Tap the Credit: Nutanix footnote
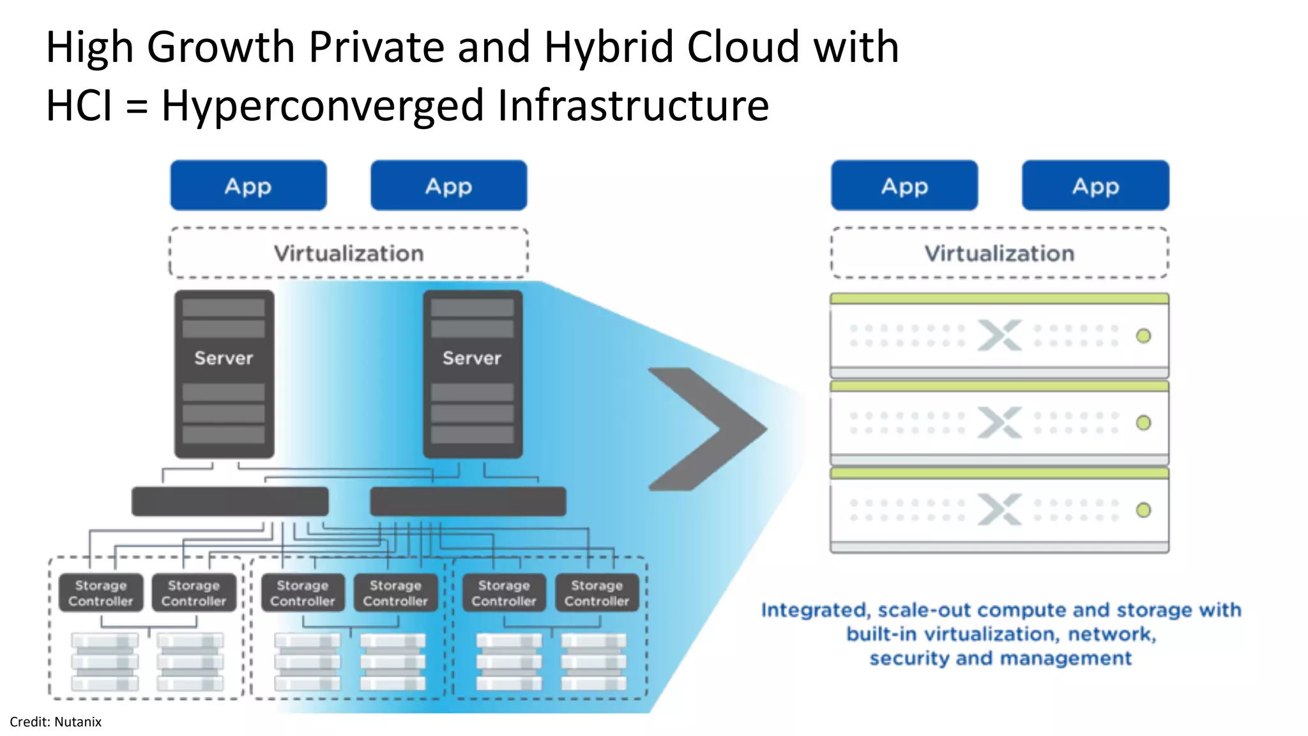click(56, 722)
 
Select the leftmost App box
click(248, 186)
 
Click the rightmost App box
click(1095, 186)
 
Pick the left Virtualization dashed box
click(349, 254)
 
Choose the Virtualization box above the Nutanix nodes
click(1000, 254)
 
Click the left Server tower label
click(224, 358)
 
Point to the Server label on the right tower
click(472, 358)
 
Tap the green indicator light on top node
click(1143, 336)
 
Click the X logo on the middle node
click(1000, 423)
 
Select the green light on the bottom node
click(1143, 510)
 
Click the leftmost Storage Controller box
click(101, 594)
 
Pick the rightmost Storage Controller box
click(597, 594)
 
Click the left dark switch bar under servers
click(230, 502)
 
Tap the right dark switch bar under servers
click(468, 502)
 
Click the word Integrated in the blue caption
click(815, 611)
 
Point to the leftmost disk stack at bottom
click(105, 662)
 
